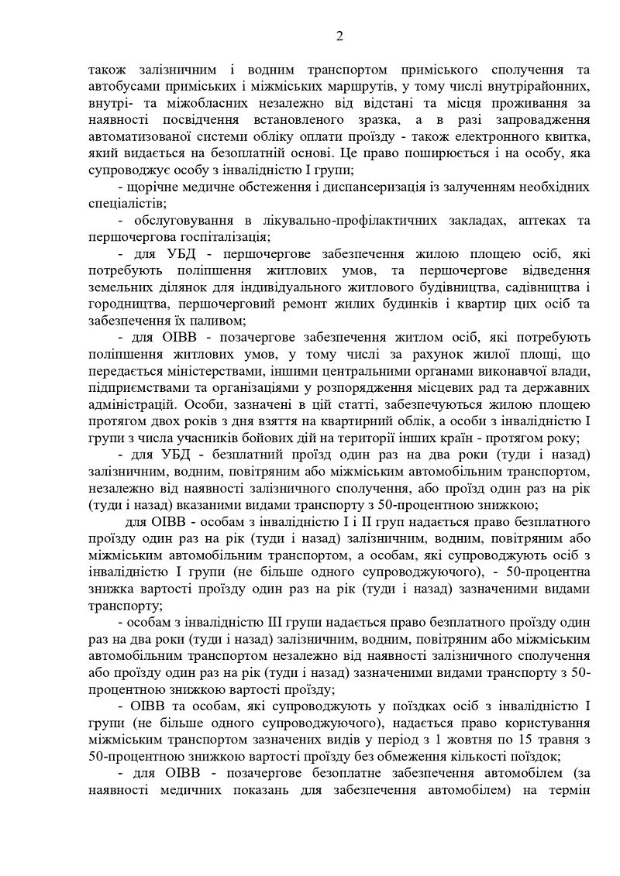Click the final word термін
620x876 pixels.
(x=568, y=792)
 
